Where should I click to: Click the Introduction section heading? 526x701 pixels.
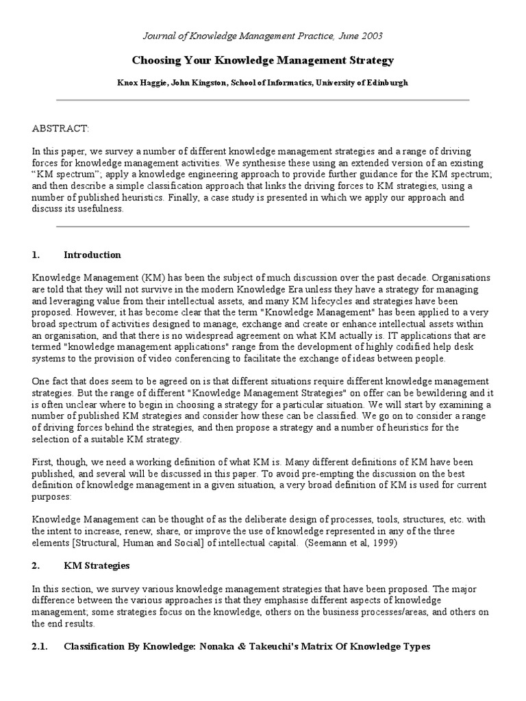92,255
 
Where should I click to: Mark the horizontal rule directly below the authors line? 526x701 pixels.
263,101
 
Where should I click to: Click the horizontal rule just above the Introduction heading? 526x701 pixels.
263,227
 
